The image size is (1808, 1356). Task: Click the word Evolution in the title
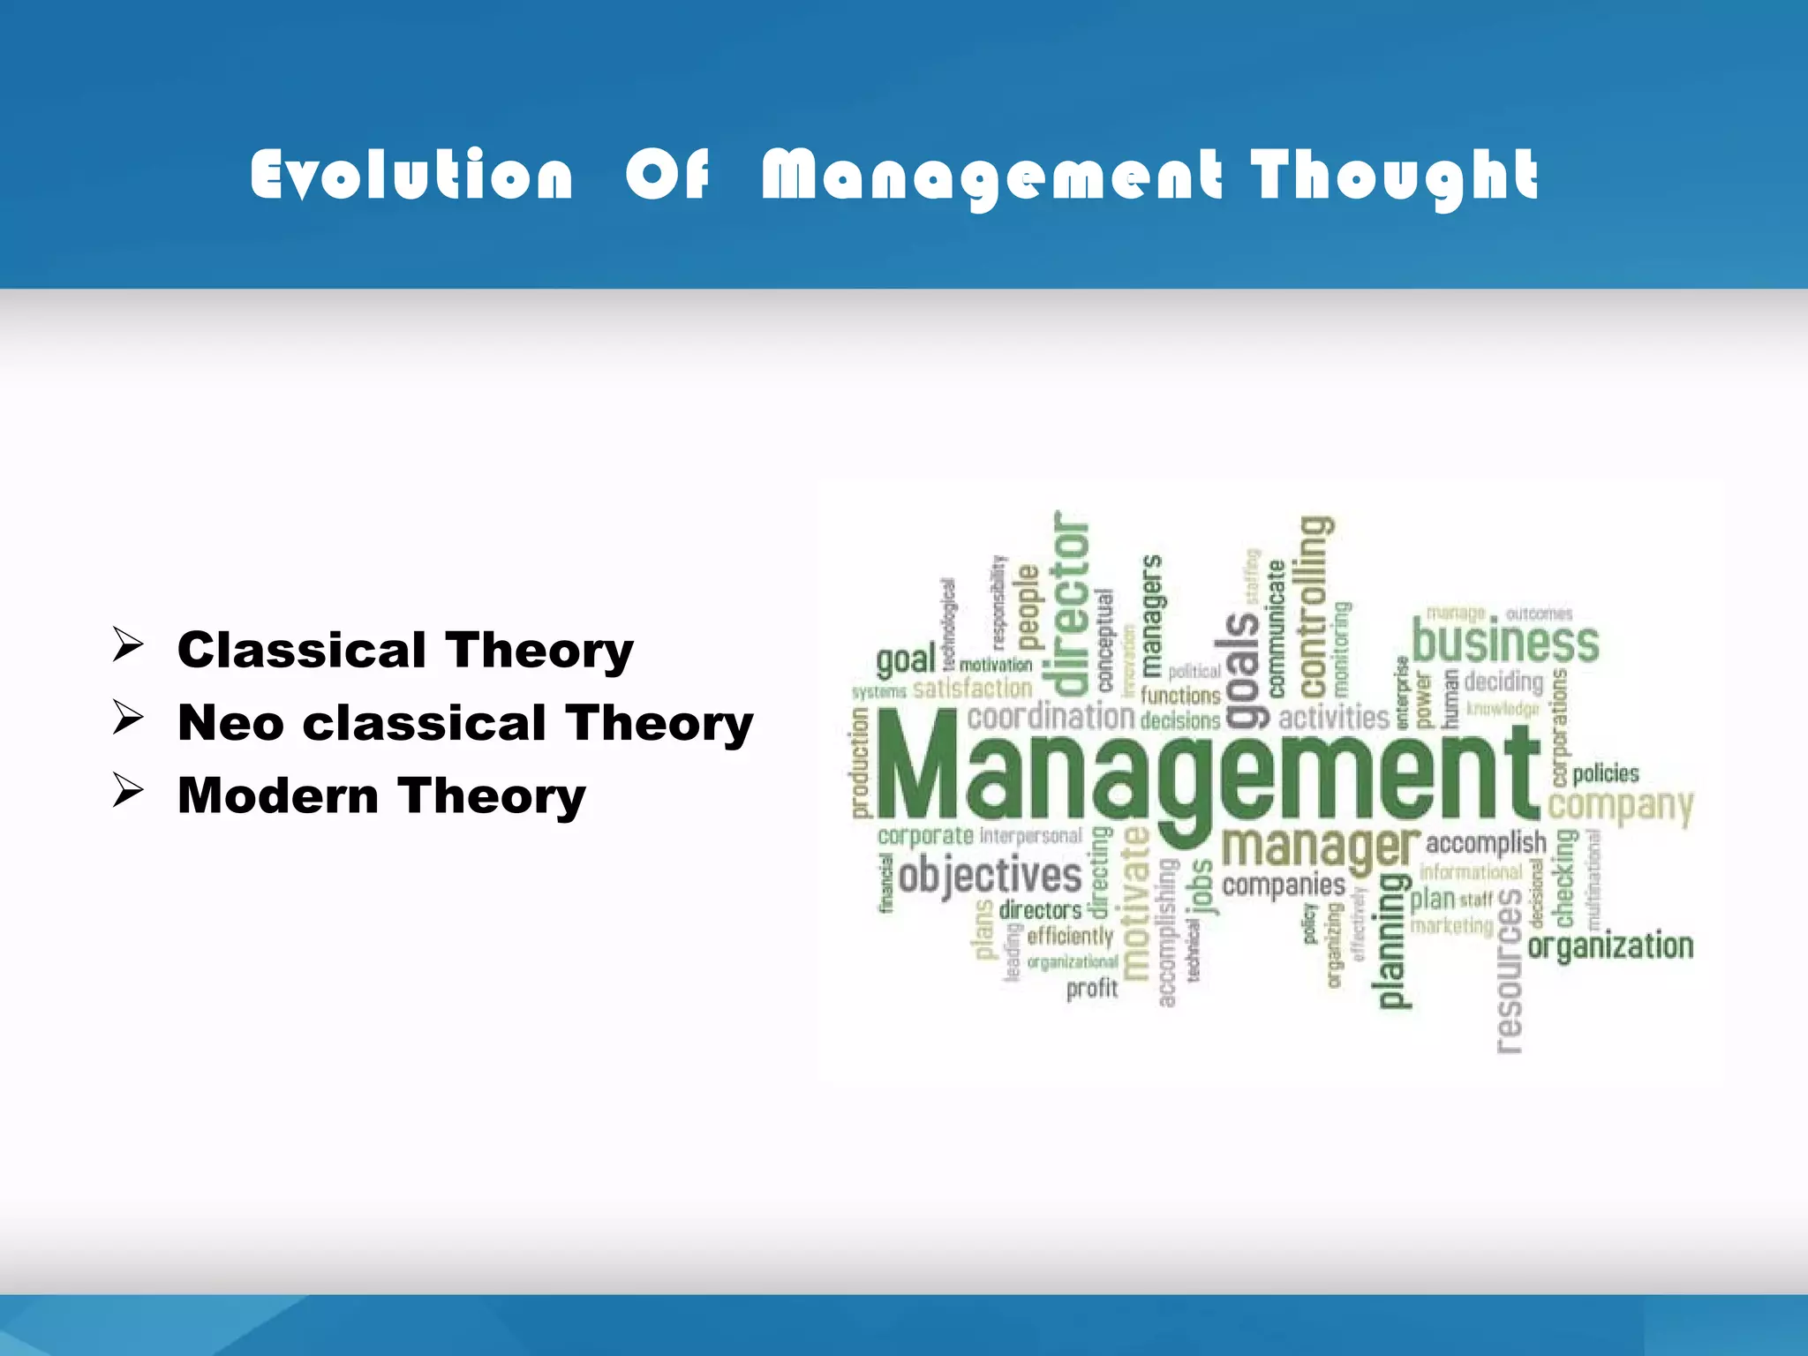411,175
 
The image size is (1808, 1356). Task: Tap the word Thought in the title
1395,177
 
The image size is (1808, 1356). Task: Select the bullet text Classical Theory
405,651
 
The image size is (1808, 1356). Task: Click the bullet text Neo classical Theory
465,724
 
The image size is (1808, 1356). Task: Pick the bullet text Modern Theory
381,796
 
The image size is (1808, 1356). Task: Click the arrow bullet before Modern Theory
128,791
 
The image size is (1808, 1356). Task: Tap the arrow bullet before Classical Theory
128,645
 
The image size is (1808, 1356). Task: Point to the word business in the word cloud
1505,642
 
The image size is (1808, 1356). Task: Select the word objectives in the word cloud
991,876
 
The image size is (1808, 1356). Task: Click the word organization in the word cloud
1610,946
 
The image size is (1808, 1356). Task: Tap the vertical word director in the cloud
1070,604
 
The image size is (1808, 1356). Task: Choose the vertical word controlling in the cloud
1315,606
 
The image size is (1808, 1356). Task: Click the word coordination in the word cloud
1051,717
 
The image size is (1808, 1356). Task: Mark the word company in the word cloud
1620,806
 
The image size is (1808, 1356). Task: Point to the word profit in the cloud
1092,989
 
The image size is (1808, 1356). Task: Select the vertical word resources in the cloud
1509,969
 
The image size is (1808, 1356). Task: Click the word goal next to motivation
906,660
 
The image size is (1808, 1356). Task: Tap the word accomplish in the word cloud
1486,843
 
